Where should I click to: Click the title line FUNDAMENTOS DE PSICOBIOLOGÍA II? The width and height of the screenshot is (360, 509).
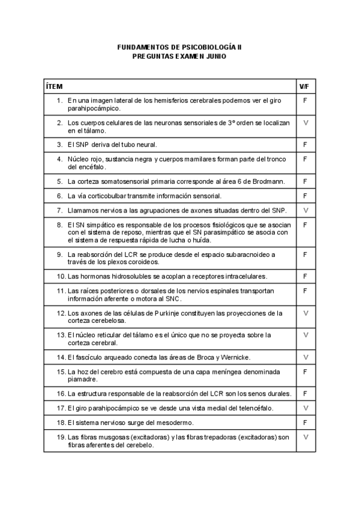point(179,46)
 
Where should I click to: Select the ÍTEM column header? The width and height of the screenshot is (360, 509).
point(55,86)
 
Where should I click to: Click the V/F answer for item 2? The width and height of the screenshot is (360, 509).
point(306,122)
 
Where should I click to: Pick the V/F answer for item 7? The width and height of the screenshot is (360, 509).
point(306,210)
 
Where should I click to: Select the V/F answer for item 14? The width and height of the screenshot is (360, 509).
point(306,357)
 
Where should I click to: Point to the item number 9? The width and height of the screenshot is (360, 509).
point(60,254)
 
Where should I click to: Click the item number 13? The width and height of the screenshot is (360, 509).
point(61,335)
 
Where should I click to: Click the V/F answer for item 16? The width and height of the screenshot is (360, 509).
point(306,394)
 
